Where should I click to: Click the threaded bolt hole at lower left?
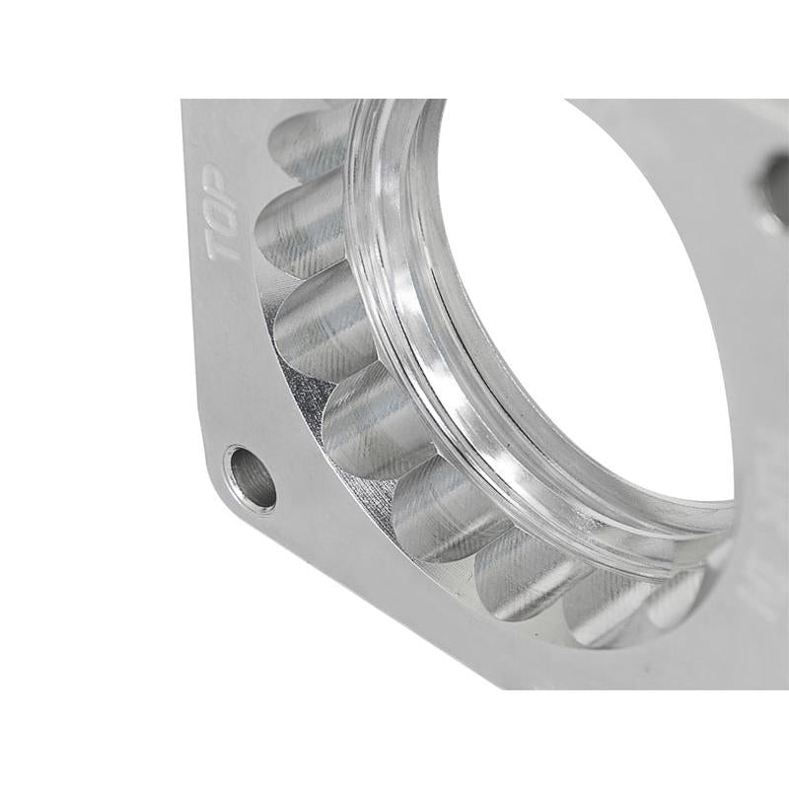pyautogui.click(x=251, y=478)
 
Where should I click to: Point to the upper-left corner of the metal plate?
pyautogui.click(x=187, y=104)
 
